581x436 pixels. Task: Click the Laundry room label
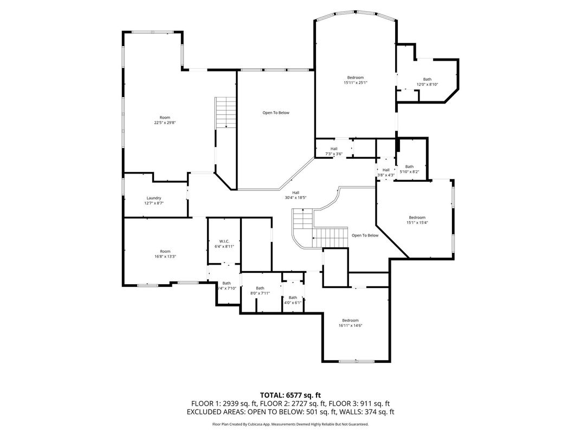pyautogui.click(x=154, y=198)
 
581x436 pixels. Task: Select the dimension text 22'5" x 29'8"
pyautogui.click(x=165, y=123)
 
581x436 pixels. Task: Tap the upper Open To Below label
pyautogui.click(x=276, y=113)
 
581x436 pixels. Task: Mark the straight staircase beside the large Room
pyautogui.click(x=225, y=113)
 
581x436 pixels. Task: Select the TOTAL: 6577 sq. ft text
pyautogui.click(x=290, y=395)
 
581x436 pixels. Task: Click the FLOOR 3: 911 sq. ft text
pyautogui.click(x=363, y=403)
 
